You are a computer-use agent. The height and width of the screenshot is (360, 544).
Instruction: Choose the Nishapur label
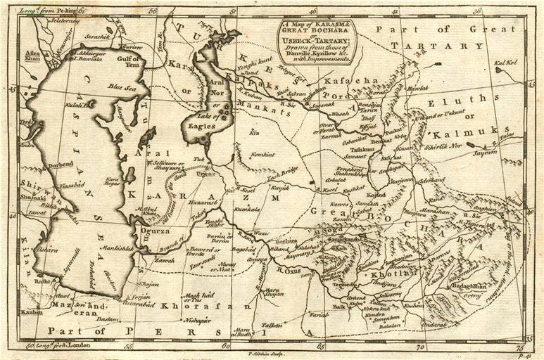198,321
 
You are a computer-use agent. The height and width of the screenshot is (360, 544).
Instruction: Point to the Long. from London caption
65,346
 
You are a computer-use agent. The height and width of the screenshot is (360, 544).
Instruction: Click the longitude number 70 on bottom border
420,347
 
